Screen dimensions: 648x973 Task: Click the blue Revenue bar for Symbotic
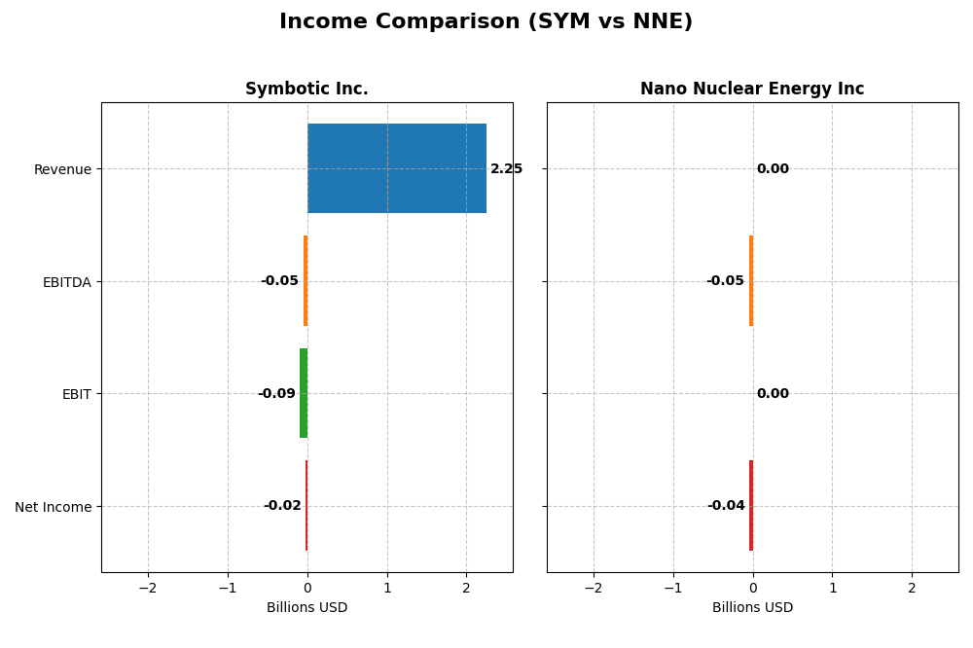396,168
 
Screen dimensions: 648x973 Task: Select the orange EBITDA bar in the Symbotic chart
306,281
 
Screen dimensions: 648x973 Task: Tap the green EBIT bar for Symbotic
304,393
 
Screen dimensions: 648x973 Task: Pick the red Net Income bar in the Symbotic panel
306,506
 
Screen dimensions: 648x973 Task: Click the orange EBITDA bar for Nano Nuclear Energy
751,281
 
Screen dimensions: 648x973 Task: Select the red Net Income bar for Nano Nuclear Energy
751,506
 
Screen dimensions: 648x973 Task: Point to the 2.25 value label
506,169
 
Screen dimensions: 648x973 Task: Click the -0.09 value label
276,394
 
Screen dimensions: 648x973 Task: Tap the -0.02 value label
282,506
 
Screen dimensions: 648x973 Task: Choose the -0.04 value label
726,506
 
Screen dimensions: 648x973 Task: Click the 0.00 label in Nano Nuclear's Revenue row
773,169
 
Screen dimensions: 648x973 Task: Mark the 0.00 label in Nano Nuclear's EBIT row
773,394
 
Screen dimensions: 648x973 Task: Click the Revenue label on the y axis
62,170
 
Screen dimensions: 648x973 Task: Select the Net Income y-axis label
54,507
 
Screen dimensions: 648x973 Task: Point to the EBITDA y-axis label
66,282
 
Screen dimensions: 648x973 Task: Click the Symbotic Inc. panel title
306,90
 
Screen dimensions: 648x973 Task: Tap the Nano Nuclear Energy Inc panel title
752,90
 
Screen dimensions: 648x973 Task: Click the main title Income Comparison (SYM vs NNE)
486,21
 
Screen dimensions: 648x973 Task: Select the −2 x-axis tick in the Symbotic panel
148,589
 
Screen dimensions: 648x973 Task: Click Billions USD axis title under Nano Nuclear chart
752,608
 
